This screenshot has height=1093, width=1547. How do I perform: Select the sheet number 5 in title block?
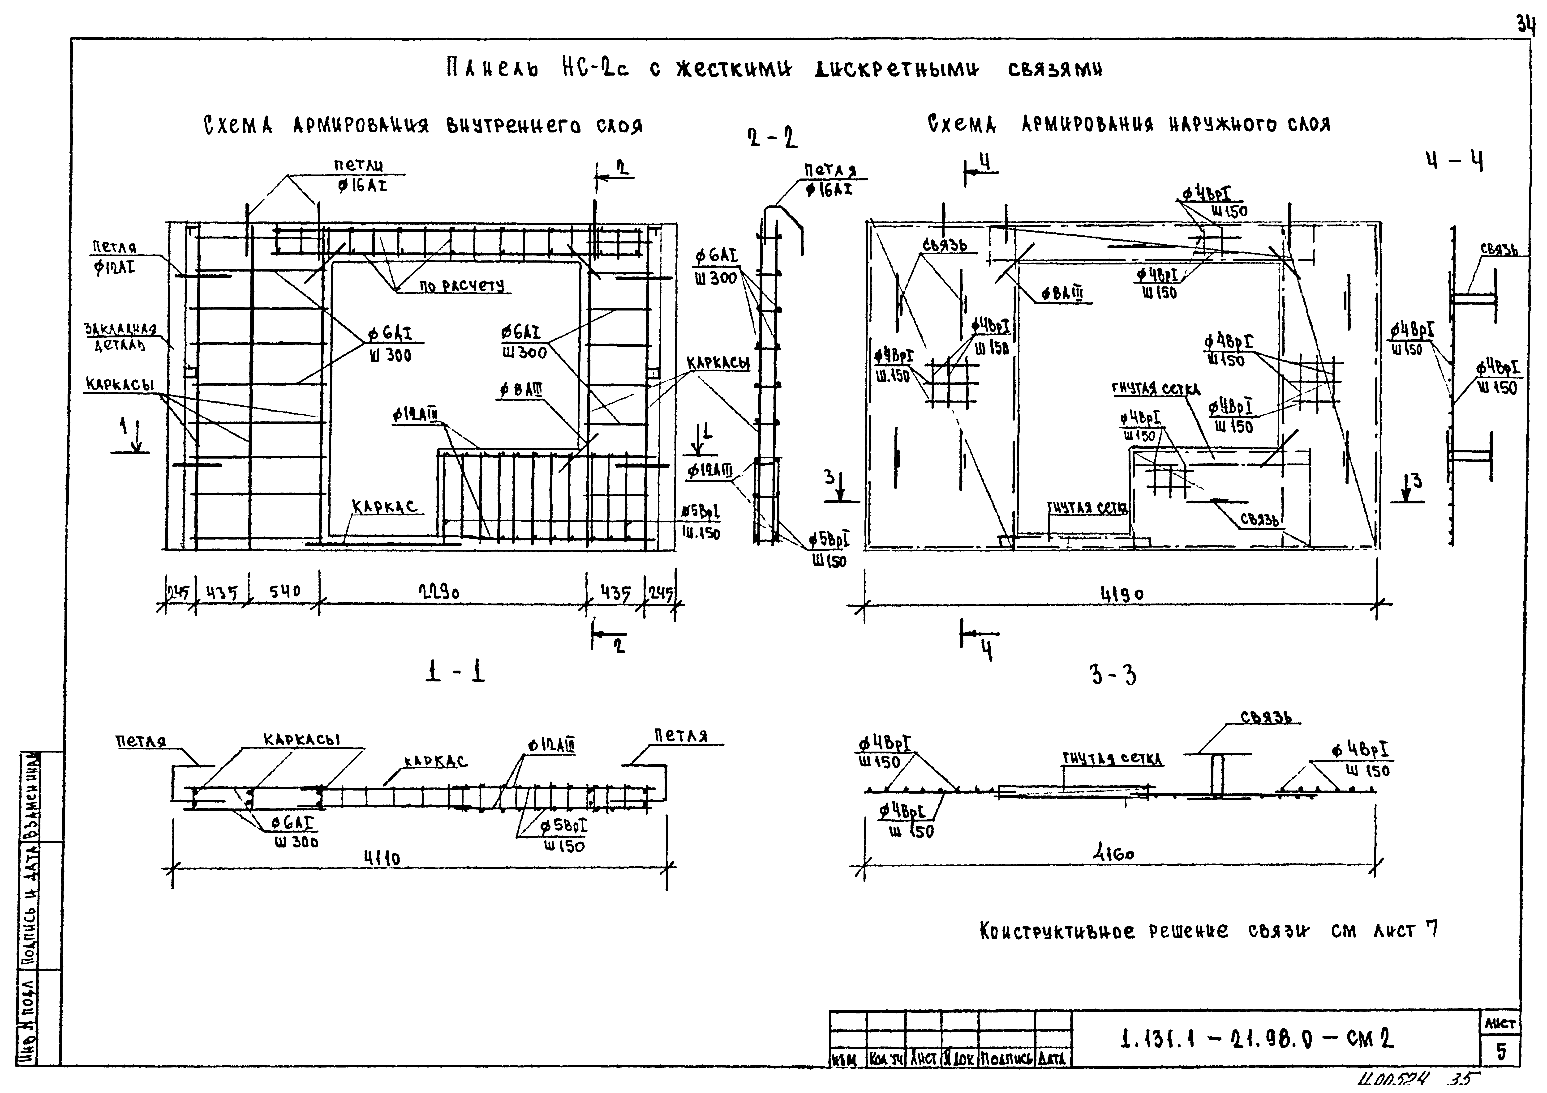point(1501,1052)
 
